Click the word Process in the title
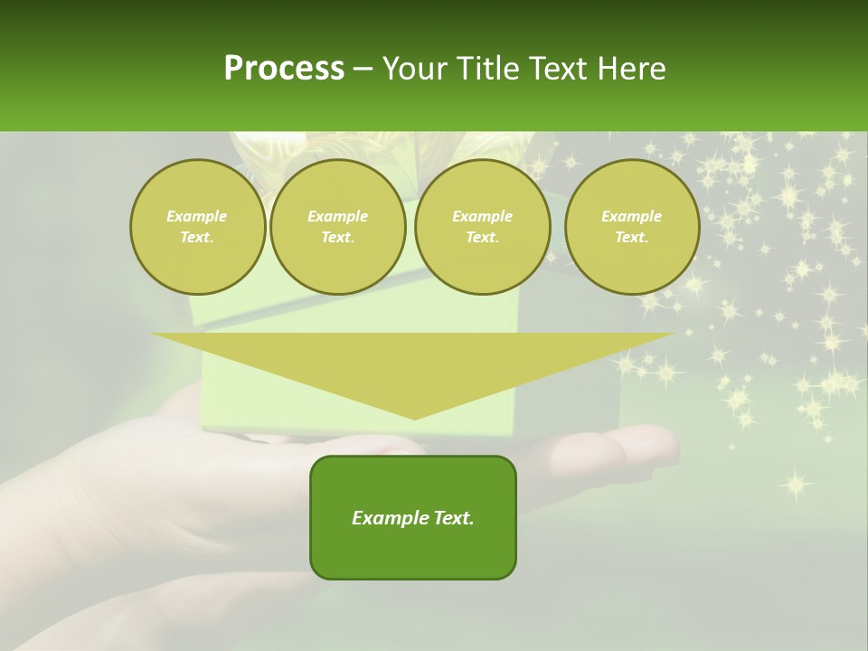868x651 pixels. click(x=284, y=69)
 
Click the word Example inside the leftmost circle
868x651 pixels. click(x=197, y=216)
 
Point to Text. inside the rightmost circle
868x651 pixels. click(x=631, y=238)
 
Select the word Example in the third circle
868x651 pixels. click(x=482, y=216)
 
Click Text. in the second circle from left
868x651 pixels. click(x=337, y=238)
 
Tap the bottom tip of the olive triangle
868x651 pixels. click(x=413, y=417)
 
